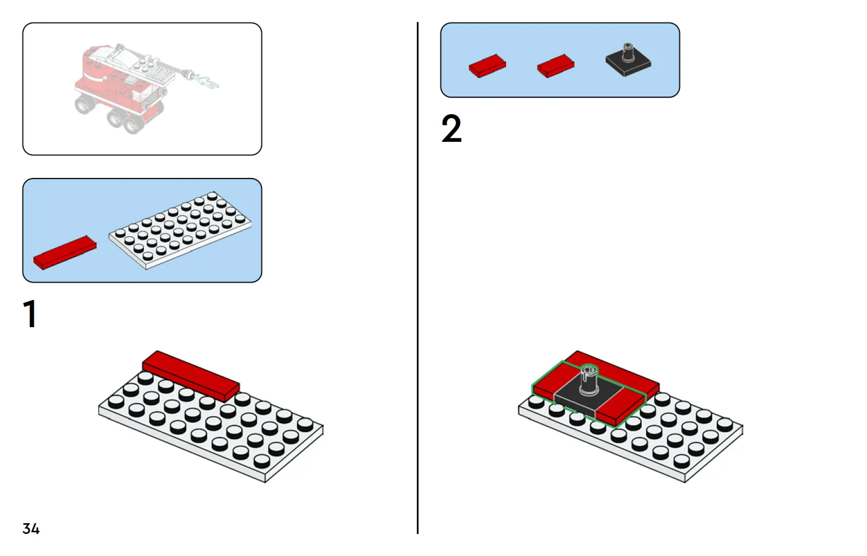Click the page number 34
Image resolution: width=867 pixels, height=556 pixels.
click(x=31, y=529)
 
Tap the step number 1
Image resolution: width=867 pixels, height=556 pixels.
click(x=30, y=314)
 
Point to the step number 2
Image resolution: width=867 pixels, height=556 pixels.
click(x=451, y=129)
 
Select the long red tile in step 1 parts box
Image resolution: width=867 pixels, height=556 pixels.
click(x=64, y=253)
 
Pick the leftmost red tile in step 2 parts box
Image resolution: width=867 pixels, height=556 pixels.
click(x=487, y=66)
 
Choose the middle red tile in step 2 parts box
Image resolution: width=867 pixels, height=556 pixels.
click(x=555, y=66)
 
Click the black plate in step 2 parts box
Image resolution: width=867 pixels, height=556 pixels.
click(x=628, y=63)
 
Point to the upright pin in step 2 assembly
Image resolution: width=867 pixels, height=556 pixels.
click(x=588, y=380)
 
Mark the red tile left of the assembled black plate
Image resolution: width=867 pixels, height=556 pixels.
click(x=551, y=381)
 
